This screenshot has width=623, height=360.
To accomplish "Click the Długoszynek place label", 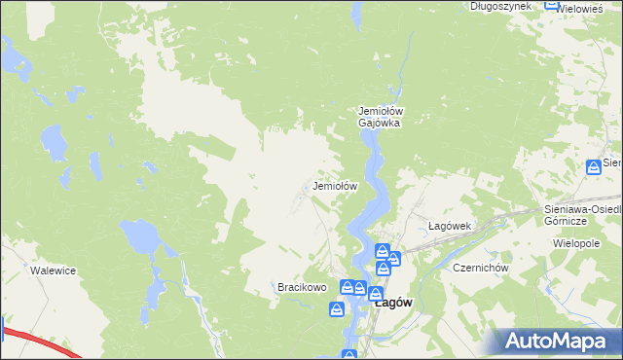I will pos(499,6).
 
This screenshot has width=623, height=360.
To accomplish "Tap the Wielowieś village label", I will pos(592,6).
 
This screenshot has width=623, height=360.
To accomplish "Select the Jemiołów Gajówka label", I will pos(381,117).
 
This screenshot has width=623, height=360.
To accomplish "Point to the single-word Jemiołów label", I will pos(336,185).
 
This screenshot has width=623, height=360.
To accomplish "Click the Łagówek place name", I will pos(450,226).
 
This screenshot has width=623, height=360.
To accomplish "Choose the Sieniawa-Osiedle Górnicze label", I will pos(580,215).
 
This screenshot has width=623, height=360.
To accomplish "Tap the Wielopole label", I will pos(575,242).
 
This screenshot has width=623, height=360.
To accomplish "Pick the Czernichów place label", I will pos(474,268).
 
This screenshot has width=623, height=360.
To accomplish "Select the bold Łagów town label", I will pos(393,303).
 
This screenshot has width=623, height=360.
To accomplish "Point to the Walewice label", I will pos(53,270).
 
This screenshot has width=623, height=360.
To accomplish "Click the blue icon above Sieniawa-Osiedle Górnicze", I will pos(594,167).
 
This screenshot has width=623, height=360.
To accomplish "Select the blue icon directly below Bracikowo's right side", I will pos(337,309).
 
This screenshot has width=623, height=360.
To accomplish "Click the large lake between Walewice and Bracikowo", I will pos(142,236).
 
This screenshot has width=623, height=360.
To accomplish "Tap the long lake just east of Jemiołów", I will pos(381,195).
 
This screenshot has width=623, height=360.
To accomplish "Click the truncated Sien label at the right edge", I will pos(612,162).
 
